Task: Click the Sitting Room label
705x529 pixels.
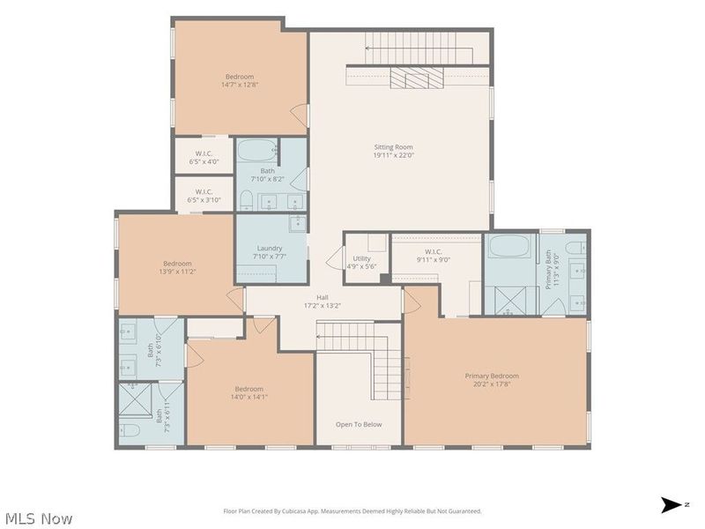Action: point(393,147)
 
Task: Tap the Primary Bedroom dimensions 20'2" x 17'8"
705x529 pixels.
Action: point(492,384)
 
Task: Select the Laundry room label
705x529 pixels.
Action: point(270,249)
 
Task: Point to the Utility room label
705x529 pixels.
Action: point(361,258)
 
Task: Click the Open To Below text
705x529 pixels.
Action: point(359,424)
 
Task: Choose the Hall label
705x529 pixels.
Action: point(322,297)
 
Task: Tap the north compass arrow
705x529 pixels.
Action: point(672,504)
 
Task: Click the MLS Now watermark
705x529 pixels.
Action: point(39,518)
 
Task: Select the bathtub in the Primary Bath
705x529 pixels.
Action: point(509,246)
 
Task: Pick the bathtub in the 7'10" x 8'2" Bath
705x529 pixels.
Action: point(257,150)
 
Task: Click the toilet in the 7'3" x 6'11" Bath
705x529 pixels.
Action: point(130,430)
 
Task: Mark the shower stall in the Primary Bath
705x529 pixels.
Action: point(510,301)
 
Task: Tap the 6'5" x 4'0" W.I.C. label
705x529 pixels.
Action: point(204,153)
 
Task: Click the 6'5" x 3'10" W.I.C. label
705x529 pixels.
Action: point(204,191)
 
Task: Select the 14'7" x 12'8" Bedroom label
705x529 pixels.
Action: point(240,77)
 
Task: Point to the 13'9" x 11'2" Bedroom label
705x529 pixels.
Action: point(177,264)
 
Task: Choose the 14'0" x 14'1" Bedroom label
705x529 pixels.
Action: point(249,389)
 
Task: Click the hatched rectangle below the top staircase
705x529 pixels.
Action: point(417,78)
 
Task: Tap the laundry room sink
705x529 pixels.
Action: point(298,223)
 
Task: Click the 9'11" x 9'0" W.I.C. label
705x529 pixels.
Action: point(433,252)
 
